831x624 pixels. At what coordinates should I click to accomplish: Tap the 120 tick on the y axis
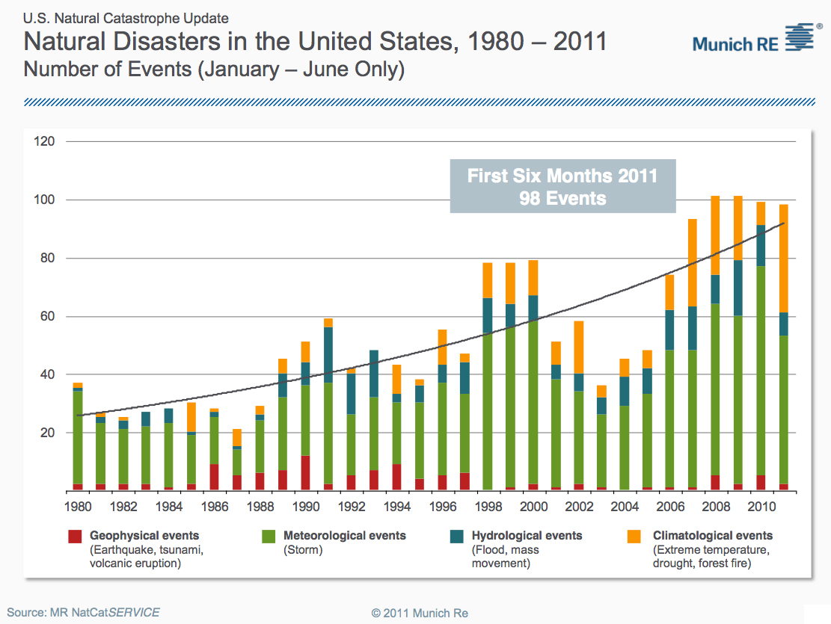(x=44, y=141)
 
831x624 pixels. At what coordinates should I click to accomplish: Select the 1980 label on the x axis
(x=78, y=507)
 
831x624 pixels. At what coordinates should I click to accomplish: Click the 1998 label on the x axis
(x=488, y=507)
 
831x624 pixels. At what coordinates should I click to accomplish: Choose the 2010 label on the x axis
(x=761, y=507)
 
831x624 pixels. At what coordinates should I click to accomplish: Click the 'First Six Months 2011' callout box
(x=562, y=186)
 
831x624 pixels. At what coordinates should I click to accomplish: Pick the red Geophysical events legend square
(x=75, y=537)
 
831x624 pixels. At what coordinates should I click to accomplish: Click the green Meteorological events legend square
(x=269, y=537)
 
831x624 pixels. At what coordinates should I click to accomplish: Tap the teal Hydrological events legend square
(x=457, y=537)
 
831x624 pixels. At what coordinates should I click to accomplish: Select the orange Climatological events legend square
(x=634, y=537)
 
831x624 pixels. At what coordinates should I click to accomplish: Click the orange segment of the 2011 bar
(x=784, y=259)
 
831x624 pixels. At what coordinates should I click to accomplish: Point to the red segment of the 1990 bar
(x=305, y=472)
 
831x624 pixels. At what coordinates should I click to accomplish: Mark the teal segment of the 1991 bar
(x=328, y=355)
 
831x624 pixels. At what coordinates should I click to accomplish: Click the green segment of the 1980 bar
(x=78, y=437)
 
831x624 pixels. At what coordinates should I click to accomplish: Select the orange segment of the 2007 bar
(x=693, y=263)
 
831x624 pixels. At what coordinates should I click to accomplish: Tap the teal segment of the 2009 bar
(x=738, y=288)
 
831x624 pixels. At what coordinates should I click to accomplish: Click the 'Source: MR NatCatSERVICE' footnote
(x=83, y=613)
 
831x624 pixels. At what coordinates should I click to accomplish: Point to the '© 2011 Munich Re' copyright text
(x=420, y=614)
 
